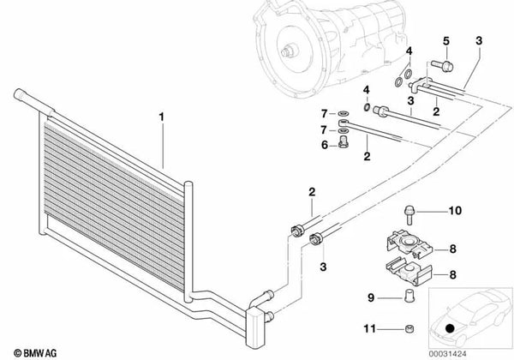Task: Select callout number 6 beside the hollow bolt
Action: [x=325, y=145]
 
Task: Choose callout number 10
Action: [x=455, y=210]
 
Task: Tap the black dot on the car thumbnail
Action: [x=451, y=327]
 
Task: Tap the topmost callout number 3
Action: [x=478, y=40]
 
